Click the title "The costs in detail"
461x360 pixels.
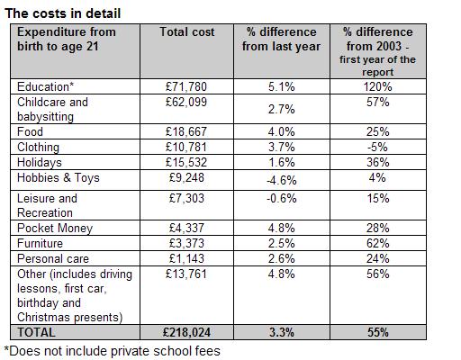click(x=63, y=13)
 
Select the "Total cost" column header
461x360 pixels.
click(x=187, y=31)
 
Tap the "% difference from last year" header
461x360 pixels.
click(x=282, y=39)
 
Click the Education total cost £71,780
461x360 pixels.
click(x=186, y=86)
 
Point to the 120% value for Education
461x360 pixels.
click(x=377, y=86)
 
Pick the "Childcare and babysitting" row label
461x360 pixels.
click(x=52, y=109)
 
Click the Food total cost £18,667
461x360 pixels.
click(x=186, y=131)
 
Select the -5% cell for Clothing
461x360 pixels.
click(x=377, y=147)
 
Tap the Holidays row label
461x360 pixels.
click(x=40, y=163)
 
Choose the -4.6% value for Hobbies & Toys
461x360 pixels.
click(x=282, y=180)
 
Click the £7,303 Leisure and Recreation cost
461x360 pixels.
click(x=186, y=198)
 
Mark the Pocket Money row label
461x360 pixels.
click(x=55, y=229)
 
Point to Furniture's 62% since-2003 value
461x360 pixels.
click(x=377, y=243)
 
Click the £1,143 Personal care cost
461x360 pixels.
click(x=186, y=258)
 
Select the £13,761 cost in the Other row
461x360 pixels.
click(x=186, y=274)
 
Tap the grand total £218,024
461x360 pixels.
click(x=186, y=332)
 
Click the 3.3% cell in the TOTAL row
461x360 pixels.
click(x=282, y=332)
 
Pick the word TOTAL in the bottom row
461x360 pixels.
click(x=36, y=332)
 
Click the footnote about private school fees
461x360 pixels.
click(x=113, y=351)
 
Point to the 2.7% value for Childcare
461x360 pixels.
click(x=282, y=109)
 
